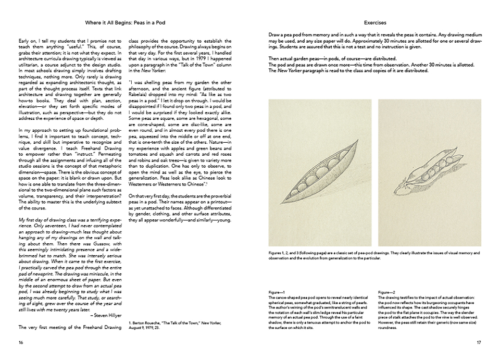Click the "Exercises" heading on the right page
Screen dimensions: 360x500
coord(375,23)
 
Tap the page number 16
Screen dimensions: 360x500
coord(20,342)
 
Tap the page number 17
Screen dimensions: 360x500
coord(479,342)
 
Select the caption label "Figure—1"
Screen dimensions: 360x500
coord(277,293)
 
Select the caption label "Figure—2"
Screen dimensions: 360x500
coord(386,293)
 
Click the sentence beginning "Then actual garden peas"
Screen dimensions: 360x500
coord(333,58)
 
